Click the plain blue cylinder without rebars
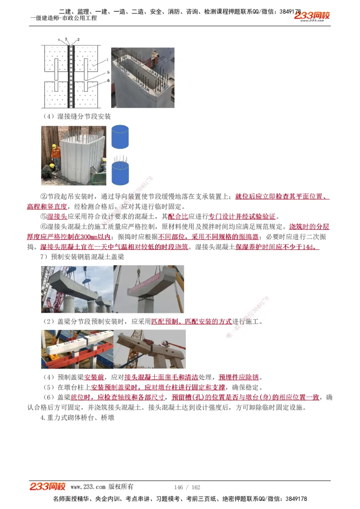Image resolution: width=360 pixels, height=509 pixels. click(x=120, y=138)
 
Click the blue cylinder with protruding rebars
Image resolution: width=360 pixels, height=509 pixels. click(x=120, y=169)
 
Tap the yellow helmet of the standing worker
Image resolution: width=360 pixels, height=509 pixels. click(x=54, y=147)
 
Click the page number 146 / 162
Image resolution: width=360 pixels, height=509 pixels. click(x=187, y=487)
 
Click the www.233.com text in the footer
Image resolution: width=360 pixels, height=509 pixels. click(x=88, y=487)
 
